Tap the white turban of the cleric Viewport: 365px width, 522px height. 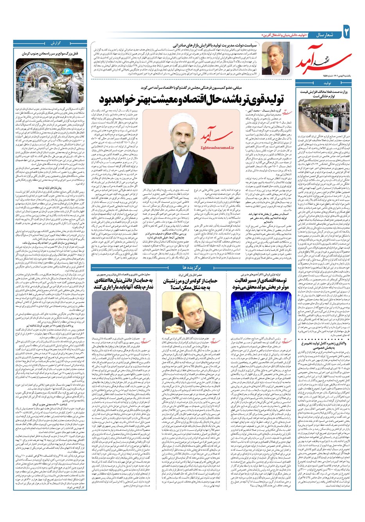(x=176, y=119)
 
